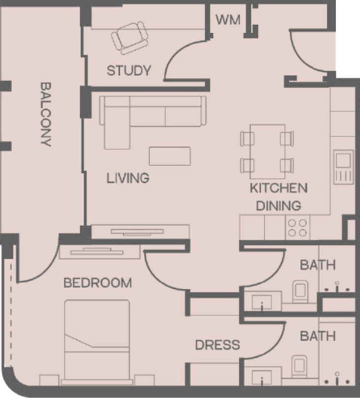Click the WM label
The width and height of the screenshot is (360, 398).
coord(228,20)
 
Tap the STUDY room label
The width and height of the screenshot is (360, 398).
coord(129,70)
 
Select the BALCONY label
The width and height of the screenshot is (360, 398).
coord(46,114)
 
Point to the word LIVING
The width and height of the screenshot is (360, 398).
coord(128,178)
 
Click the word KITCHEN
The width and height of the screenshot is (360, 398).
coord(279,188)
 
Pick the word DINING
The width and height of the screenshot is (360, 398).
coord(279,205)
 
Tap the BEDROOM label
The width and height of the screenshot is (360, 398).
coord(98,283)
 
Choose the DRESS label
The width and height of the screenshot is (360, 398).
coord(218,345)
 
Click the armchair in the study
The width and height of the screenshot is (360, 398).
coord(130,37)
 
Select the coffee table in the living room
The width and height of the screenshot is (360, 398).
coord(170,156)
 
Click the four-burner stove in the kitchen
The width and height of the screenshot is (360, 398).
coord(297,228)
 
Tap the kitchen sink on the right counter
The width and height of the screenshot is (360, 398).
coord(344,167)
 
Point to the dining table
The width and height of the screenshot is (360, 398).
coord(267,152)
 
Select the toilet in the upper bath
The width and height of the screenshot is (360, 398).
coord(300,292)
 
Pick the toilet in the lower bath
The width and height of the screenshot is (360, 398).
coord(299,366)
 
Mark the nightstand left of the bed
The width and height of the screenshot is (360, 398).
coord(49,380)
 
